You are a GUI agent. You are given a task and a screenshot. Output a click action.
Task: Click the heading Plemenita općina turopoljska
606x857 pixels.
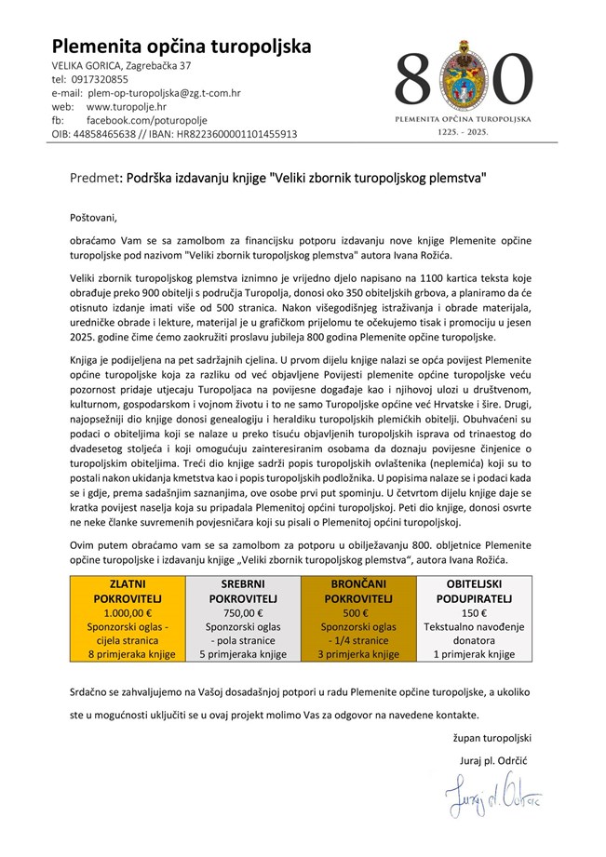pyautogui.click(x=182, y=47)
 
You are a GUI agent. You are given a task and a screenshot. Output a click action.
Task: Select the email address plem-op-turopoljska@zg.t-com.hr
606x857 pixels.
pyautogui.click(x=164, y=94)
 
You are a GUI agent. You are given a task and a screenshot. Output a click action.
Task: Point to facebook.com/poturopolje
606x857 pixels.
pyautogui.click(x=147, y=121)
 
